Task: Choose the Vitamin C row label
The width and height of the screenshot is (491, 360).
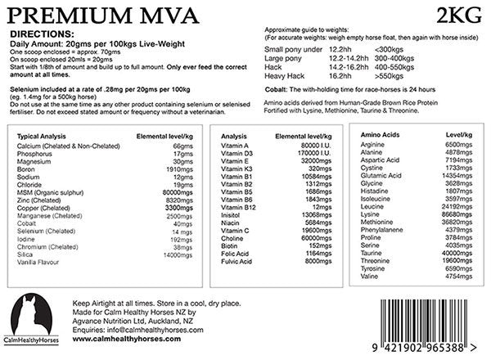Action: click(238, 230)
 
